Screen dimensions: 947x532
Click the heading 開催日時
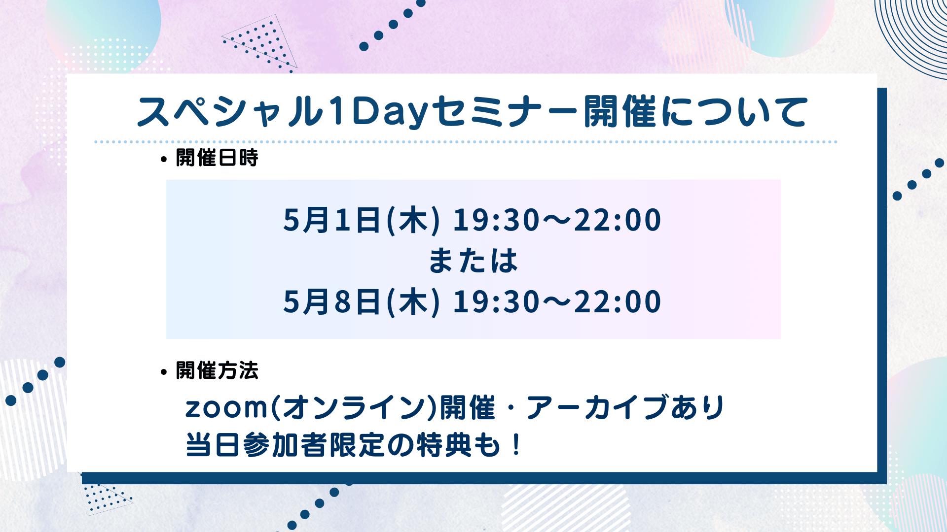(217, 158)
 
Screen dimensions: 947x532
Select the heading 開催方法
(217, 370)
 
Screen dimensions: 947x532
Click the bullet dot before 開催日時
(164, 159)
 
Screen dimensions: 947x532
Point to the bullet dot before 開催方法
(164, 372)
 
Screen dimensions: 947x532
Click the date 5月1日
(332, 220)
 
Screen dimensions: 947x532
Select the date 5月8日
(332, 301)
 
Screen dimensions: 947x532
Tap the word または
(473, 261)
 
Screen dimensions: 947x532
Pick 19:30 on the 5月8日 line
(496, 301)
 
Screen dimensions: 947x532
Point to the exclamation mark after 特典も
(516, 445)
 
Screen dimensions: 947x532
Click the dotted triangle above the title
(260, 44)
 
